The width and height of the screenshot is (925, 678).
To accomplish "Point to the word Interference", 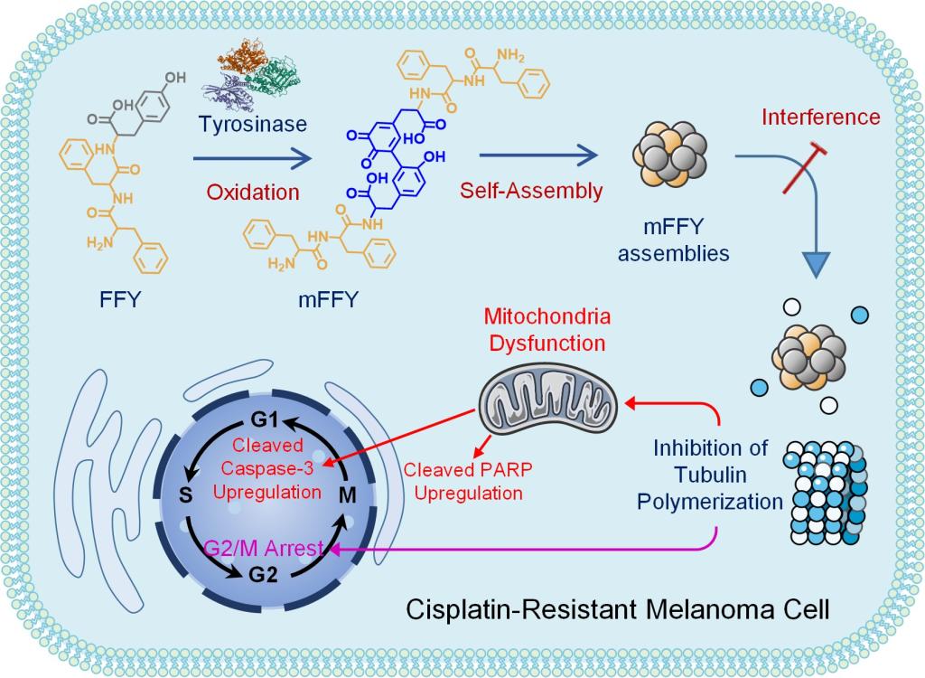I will (819, 117).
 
